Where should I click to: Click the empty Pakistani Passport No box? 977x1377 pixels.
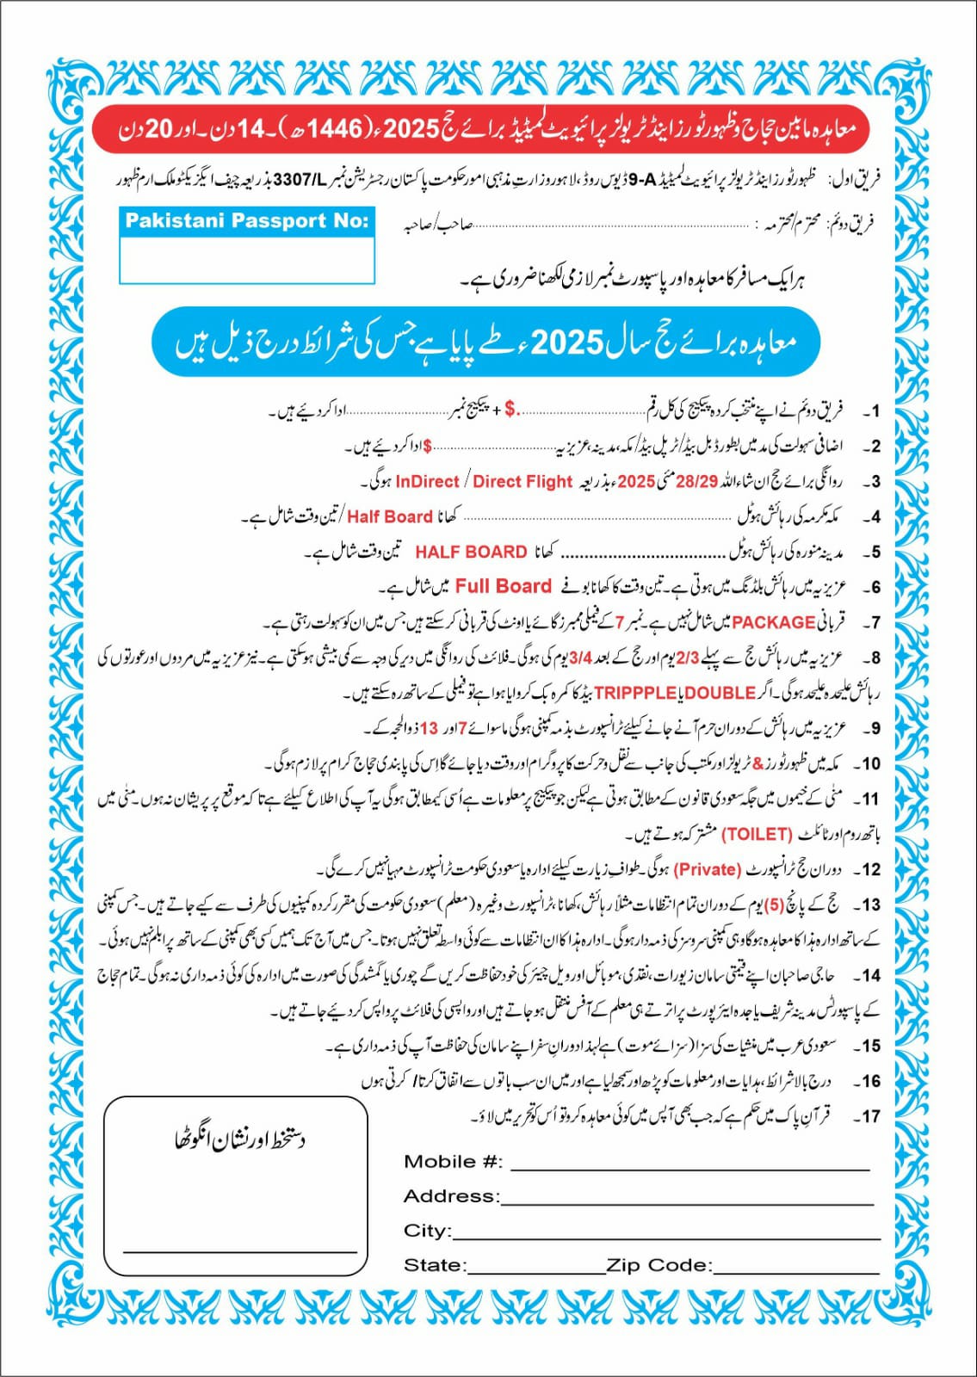pyautogui.click(x=247, y=259)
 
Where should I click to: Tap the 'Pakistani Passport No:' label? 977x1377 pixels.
pyautogui.click(x=247, y=221)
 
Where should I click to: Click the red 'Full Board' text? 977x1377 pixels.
pyautogui.click(x=503, y=587)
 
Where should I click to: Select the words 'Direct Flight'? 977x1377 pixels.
pyautogui.click(x=523, y=482)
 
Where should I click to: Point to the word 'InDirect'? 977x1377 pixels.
pyautogui.click(x=427, y=482)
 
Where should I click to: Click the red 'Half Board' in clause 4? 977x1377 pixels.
pyautogui.click(x=389, y=516)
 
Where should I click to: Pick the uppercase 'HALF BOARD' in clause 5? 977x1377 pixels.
pyautogui.click(x=471, y=552)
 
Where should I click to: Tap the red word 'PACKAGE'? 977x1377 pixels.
pyautogui.click(x=774, y=622)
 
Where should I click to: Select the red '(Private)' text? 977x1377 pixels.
pyautogui.click(x=708, y=869)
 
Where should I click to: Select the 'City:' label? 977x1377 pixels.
pyautogui.click(x=427, y=1231)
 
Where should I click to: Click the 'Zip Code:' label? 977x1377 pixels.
pyautogui.click(x=659, y=1265)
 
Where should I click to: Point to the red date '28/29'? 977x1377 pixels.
pyautogui.click(x=696, y=482)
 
